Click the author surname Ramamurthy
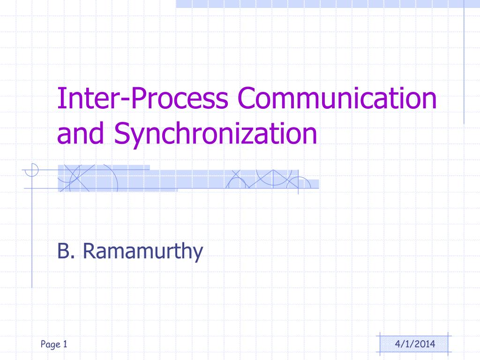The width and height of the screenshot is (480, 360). point(143,253)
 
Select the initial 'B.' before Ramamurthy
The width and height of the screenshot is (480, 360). point(66,252)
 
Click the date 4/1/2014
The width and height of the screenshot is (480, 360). point(415,345)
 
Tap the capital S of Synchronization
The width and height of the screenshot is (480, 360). point(121,134)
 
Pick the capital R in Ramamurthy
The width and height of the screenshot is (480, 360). point(89,252)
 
